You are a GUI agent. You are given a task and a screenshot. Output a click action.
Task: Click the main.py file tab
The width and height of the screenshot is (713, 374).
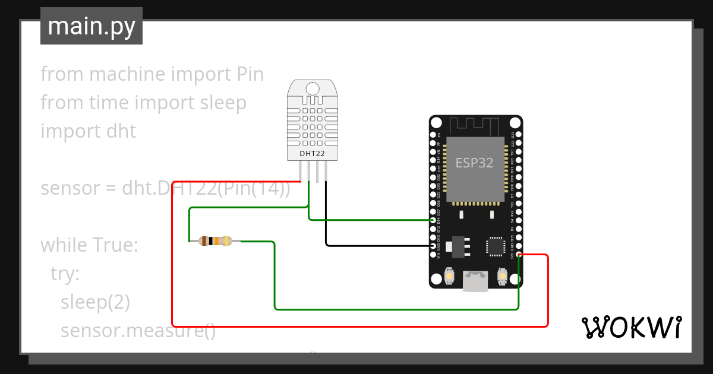91,26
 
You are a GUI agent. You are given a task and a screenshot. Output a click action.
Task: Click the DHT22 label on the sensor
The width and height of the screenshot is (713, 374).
312,154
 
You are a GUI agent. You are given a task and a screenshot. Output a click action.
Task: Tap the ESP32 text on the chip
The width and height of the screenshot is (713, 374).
474,163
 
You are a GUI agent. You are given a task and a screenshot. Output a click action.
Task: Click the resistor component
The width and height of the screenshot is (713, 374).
215,241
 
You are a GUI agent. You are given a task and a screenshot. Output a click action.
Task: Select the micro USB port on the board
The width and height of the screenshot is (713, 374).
475,281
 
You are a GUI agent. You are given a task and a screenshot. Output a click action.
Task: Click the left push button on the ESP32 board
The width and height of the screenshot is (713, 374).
450,276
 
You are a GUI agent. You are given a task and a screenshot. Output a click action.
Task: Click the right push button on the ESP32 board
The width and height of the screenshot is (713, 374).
502,276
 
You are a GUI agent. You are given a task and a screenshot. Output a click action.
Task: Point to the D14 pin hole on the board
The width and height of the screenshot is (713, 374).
433,220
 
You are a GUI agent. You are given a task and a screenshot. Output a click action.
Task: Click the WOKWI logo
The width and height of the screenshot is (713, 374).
631,327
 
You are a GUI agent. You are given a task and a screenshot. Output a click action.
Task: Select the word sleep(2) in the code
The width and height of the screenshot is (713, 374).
95,302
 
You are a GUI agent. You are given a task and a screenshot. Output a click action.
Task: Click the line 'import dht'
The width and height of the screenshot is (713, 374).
88,131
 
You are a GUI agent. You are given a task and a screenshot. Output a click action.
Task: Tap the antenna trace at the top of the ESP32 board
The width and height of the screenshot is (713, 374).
475,125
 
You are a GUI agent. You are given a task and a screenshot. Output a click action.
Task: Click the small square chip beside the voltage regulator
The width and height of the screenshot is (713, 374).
495,246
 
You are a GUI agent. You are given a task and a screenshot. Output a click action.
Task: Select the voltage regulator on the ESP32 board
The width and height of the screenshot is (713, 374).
458,246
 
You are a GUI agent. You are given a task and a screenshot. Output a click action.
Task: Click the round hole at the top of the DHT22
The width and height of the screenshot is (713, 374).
312,88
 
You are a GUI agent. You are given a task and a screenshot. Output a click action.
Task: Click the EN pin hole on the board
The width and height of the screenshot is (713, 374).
433,135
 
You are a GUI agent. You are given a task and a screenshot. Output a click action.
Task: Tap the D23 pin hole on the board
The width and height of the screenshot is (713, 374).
519,135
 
